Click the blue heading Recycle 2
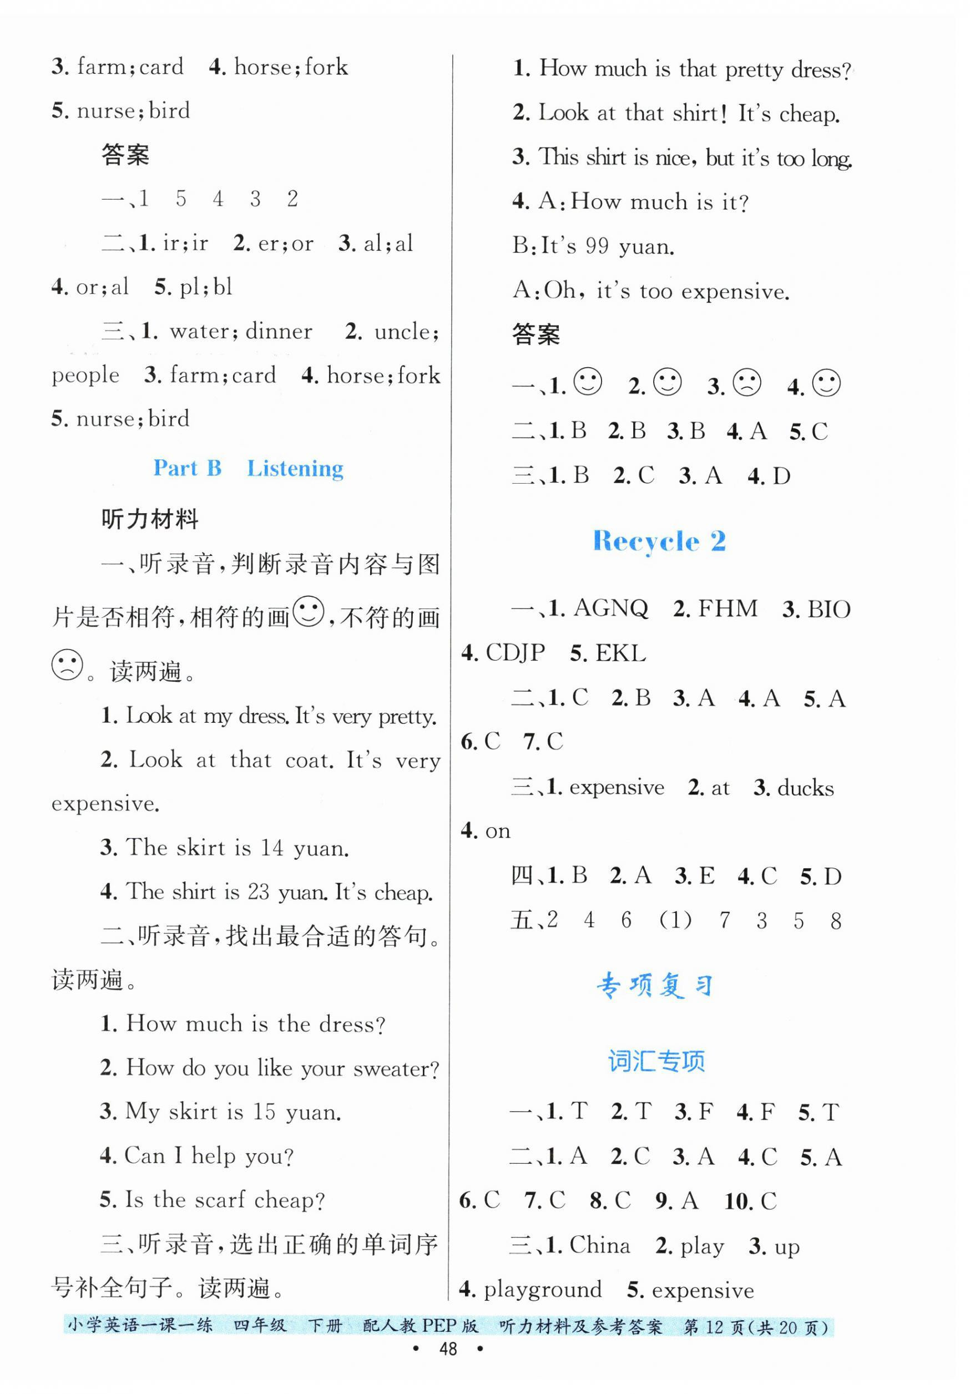click(x=659, y=541)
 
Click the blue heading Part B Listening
click(x=248, y=468)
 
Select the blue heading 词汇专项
click(x=656, y=1061)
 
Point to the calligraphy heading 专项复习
click(x=655, y=985)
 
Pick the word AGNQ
click(x=610, y=609)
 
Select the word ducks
click(x=805, y=788)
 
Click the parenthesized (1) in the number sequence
click(x=675, y=920)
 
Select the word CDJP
click(x=515, y=653)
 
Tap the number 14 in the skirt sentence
click(x=272, y=848)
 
